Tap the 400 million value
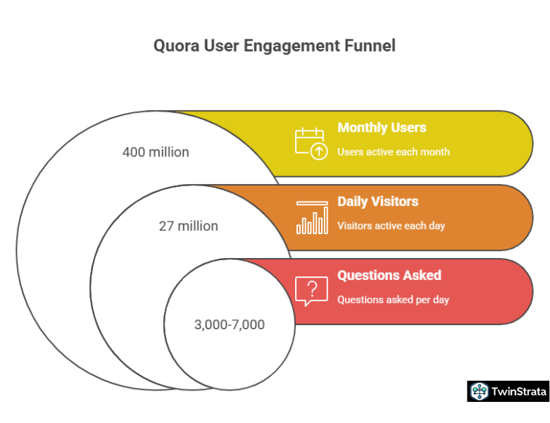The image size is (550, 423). pyautogui.click(x=156, y=152)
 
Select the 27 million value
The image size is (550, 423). pyautogui.click(x=188, y=226)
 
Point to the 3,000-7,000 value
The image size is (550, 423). pyautogui.click(x=229, y=324)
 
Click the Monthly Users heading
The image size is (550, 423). pyautogui.click(x=382, y=128)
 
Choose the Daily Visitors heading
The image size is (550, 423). pyautogui.click(x=377, y=202)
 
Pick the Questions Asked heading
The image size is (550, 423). pyautogui.click(x=389, y=276)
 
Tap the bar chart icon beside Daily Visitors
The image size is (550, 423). pyautogui.click(x=312, y=217)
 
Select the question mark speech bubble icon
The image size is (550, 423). pyautogui.click(x=311, y=290)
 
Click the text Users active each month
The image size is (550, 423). pyautogui.click(x=393, y=152)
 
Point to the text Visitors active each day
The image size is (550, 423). pyautogui.click(x=391, y=226)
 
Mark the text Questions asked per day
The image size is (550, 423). pyautogui.click(x=393, y=300)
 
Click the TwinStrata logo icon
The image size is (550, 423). pyautogui.click(x=480, y=392)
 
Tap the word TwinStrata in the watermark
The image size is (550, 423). pyautogui.click(x=518, y=392)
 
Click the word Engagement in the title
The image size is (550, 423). pyautogui.click(x=285, y=47)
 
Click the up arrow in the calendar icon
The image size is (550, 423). pyautogui.click(x=318, y=150)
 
